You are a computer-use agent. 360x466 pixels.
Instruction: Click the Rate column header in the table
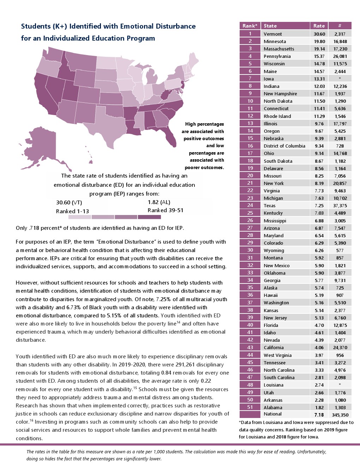(x=319, y=26)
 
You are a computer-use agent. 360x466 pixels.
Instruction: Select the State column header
(x=270, y=26)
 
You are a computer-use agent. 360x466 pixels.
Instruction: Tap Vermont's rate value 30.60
(x=319, y=34)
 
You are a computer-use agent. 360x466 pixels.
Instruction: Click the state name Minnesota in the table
(x=275, y=41)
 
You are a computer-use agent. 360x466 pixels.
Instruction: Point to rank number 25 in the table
(x=250, y=213)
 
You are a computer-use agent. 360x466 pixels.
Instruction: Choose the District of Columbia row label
(x=284, y=146)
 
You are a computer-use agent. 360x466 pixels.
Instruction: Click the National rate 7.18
(x=319, y=415)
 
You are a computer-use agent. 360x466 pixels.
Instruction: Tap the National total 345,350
(x=340, y=415)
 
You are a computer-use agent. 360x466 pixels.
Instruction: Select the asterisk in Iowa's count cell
(x=340, y=79)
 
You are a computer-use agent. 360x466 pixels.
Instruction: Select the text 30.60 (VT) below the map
(x=69, y=203)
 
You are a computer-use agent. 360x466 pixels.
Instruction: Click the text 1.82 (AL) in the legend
(x=159, y=202)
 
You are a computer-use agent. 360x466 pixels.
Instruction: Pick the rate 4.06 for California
(x=319, y=347)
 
